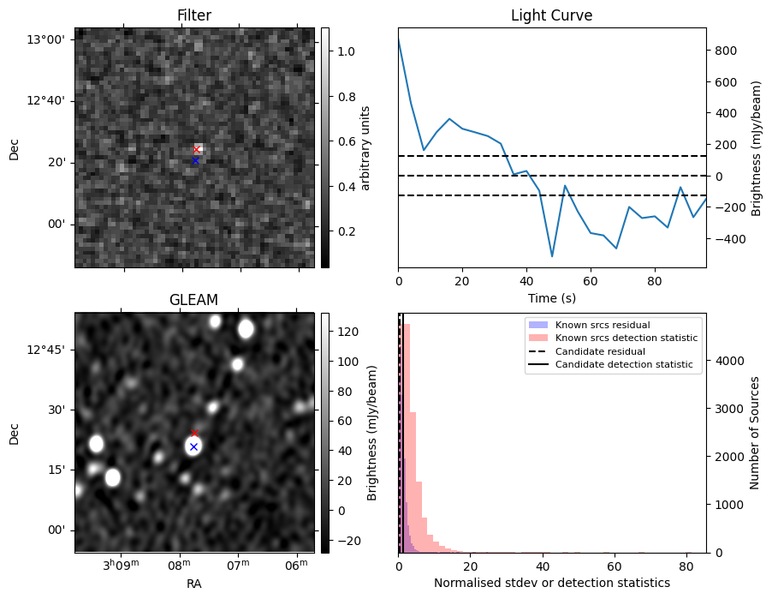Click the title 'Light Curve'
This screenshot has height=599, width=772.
(x=551, y=15)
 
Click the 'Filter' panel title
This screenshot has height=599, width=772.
(x=194, y=15)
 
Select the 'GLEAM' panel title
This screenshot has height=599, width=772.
(x=194, y=300)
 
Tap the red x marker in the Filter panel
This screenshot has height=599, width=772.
(x=196, y=149)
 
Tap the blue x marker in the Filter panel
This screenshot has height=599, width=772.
(x=195, y=160)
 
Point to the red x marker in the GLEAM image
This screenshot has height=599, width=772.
(x=194, y=433)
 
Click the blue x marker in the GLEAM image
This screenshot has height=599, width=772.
(x=193, y=446)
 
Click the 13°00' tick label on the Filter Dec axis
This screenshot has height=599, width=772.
(x=49, y=39)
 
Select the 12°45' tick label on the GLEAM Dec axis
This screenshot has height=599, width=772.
(x=49, y=350)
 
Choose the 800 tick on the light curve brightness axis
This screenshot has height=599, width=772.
(x=723, y=51)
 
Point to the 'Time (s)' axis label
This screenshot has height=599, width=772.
(x=551, y=297)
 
